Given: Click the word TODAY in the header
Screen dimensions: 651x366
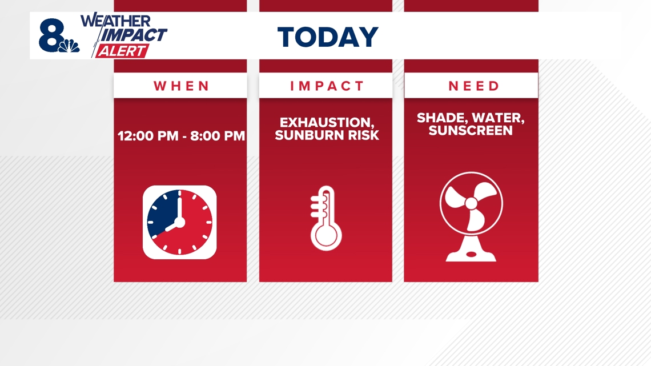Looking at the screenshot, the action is [x=328, y=37].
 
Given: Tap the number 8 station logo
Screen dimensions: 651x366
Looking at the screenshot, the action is [x=51, y=35].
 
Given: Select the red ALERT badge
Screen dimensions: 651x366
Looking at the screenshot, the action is [x=122, y=51].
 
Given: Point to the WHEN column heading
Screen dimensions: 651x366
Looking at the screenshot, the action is [x=182, y=86].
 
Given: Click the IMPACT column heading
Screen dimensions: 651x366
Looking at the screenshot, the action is [x=327, y=86].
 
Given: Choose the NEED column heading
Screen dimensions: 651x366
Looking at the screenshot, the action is [x=473, y=86].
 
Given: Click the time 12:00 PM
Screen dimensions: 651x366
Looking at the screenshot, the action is [x=148, y=136].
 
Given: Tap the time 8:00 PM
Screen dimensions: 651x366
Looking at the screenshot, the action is [x=218, y=136].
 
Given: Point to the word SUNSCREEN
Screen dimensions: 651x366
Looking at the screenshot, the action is [x=471, y=130].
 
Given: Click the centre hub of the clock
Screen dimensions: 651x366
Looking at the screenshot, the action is [x=179, y=223].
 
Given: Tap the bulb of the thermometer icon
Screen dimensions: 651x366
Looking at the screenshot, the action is [x=326, y=235].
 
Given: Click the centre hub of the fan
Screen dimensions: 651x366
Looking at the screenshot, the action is [x=471, y=203].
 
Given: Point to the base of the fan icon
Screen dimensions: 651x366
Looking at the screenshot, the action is [x=471, y=251].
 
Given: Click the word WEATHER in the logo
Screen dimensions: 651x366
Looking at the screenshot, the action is [x=115, y=21].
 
